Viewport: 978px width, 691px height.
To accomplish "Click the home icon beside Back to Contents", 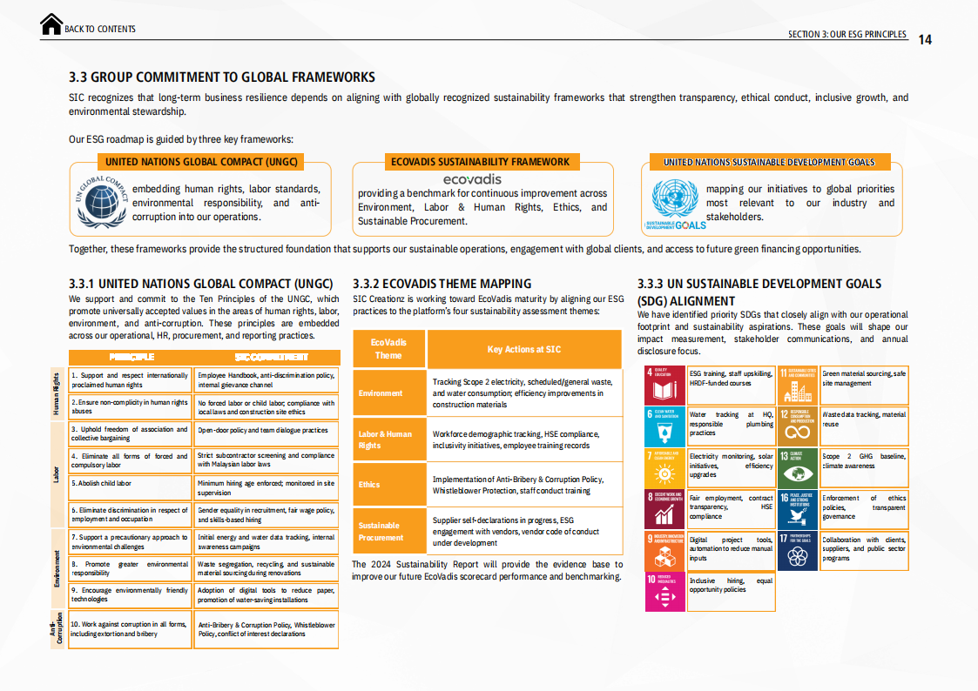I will click(x=51, y=25).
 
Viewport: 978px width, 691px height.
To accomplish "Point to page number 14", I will click(x=925, y=39).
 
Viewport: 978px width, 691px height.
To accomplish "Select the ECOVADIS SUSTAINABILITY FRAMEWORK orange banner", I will click(x=480, y=162).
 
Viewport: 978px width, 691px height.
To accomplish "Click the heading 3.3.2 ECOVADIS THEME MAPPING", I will click(x=442, y=284).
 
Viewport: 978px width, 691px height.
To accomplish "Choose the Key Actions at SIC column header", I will click(x=523, y=349).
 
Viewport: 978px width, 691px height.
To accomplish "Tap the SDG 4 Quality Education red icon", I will click(x=664, y=386).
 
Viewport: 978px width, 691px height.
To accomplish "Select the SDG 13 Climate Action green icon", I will click(x=798, y=467).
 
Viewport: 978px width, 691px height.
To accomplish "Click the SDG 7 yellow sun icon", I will click(x=664, y=467).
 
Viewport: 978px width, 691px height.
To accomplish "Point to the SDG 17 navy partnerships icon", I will click(x=798, y=550).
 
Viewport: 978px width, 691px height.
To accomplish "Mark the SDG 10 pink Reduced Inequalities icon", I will click(x=664, y=592).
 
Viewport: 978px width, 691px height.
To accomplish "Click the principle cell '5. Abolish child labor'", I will click(x=130, y=483).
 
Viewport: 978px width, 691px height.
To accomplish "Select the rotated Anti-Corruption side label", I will click(x=55, y=629).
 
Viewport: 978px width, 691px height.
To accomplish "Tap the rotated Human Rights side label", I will click(x=56, y=394).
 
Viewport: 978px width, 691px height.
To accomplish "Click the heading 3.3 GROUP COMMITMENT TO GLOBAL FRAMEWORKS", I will click(x=222, y=77).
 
